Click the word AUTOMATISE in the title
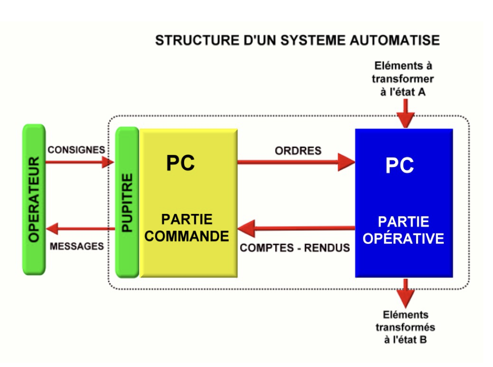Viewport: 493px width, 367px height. point(395,40)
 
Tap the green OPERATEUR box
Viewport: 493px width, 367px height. point(34,200)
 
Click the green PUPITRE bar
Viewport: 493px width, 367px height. point(127,202)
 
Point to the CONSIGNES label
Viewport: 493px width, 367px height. point(76,150)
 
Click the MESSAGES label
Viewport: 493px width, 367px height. point(77,246)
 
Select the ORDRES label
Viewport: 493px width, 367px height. point(298,151)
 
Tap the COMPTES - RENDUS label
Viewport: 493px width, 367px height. point(295,248)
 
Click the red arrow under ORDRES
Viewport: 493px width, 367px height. point(296,162)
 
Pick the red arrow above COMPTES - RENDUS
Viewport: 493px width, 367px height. point(296,228)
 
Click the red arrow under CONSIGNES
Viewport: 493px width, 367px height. point(80,162)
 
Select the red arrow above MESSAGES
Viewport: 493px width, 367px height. point(80,228)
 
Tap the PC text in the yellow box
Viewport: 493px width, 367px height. point(181,163)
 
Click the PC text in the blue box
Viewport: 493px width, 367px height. point(400,165)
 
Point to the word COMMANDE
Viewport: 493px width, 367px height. point(187,236)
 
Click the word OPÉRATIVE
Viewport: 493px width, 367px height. point(403,238)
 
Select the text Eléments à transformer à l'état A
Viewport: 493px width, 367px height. point(403,79)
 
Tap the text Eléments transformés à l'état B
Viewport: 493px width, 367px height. point(405,327)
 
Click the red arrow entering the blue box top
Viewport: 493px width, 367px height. point(406,114)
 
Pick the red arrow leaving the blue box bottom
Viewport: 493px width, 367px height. point(406,293)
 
